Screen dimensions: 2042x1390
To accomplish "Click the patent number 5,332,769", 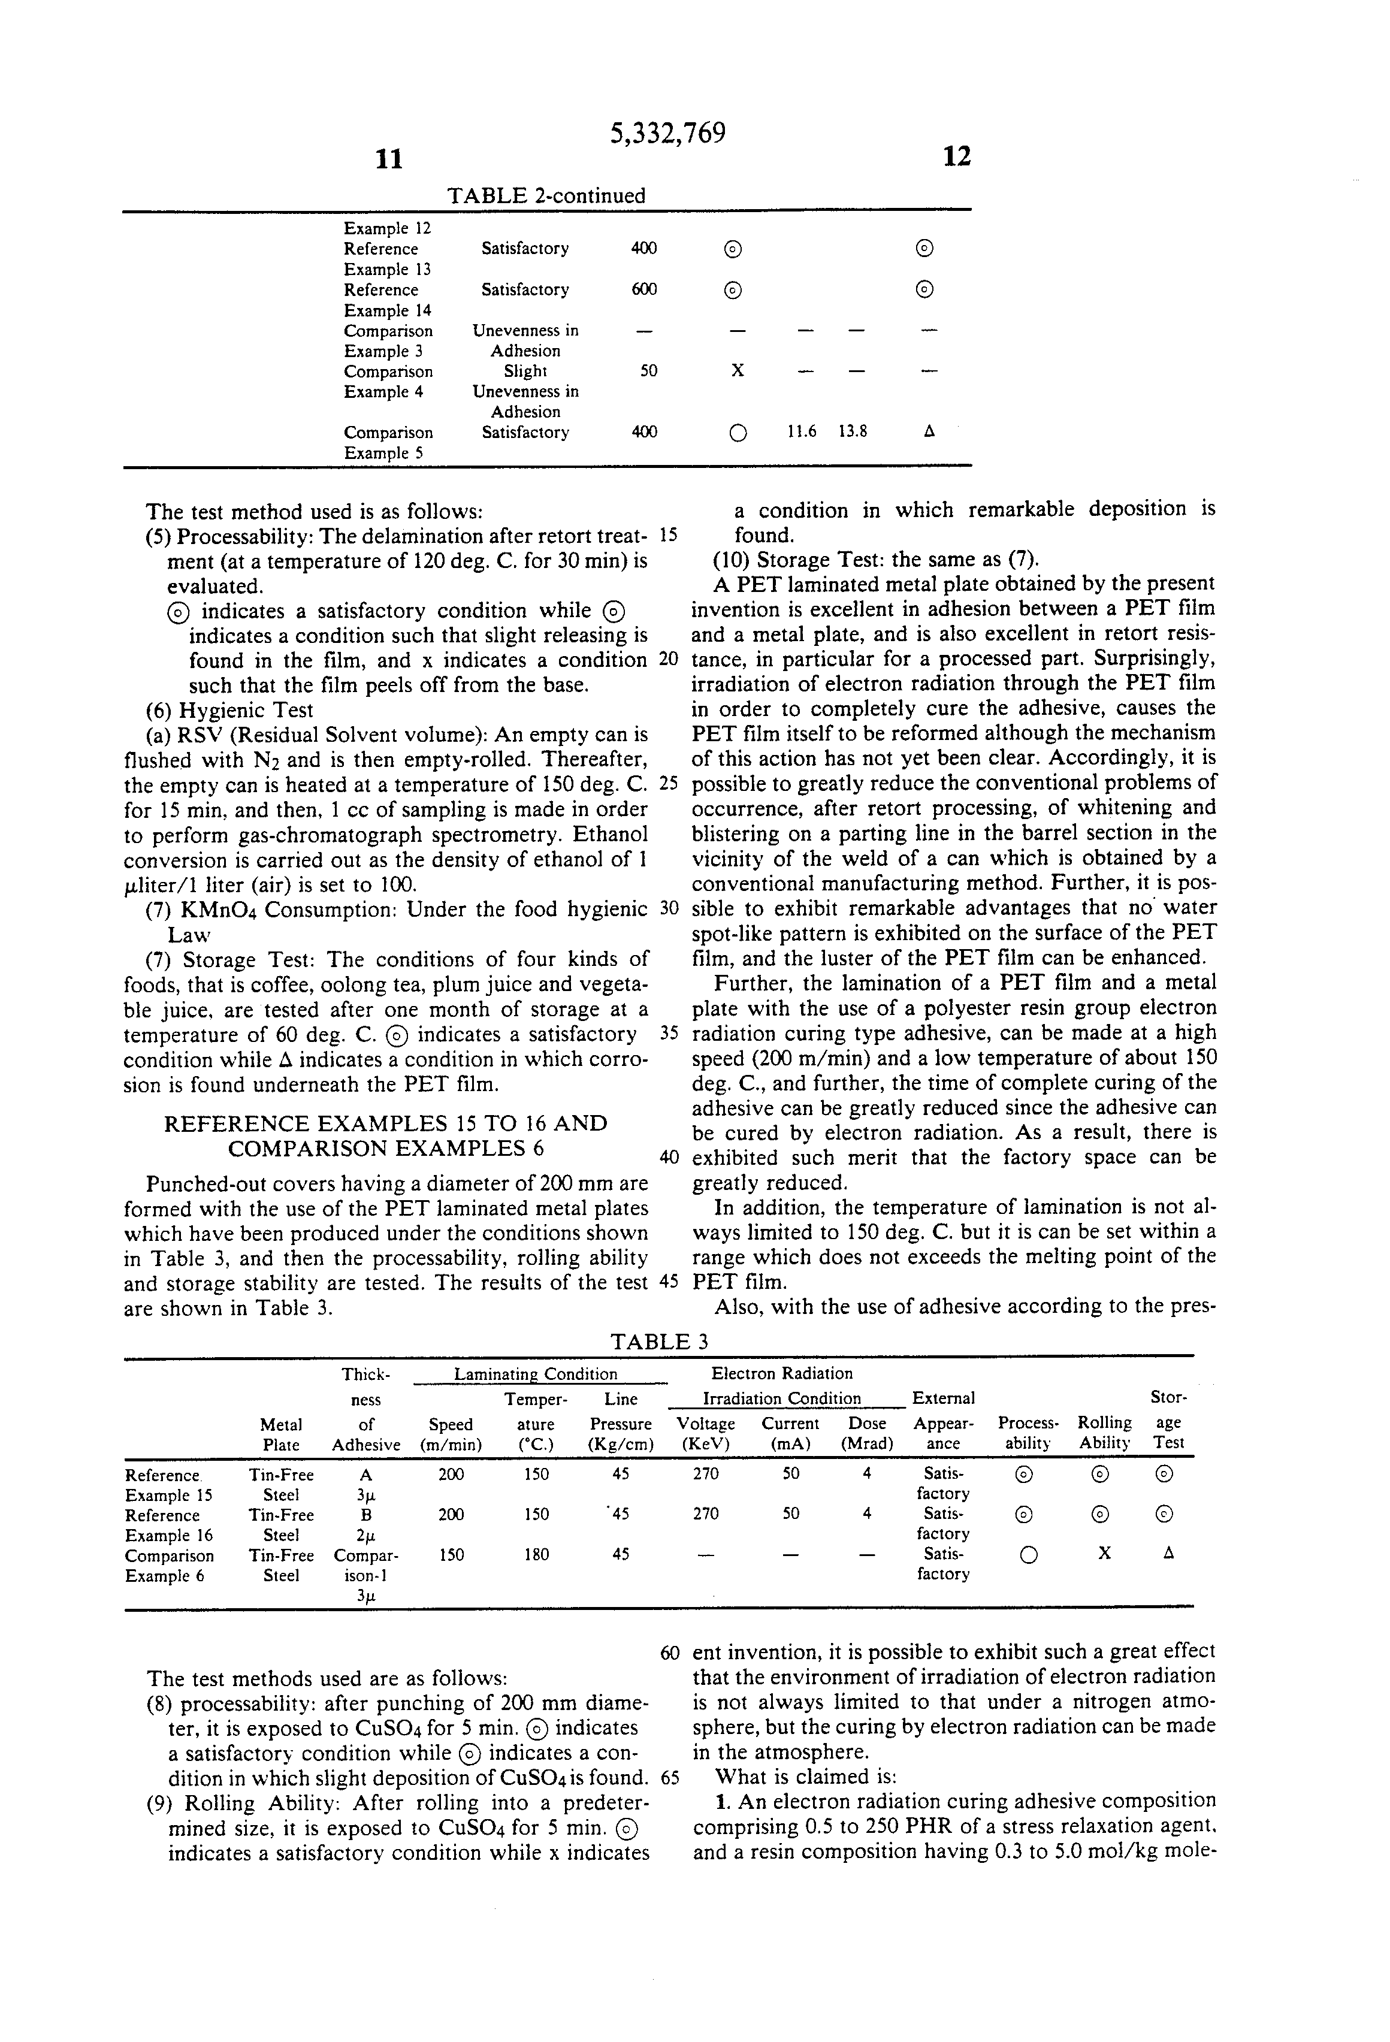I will pyautogui.click(x=668, y=134).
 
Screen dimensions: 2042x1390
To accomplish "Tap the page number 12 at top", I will pyautogui.click(x=957, y=156).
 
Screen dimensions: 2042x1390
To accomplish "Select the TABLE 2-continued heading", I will pyautogui.click(x=546, y=195).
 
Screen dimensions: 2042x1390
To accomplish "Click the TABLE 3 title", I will pyautogui.click(x=659, y=1342).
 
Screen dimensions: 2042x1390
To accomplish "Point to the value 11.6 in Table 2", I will pyautogui.click(x=800, y=431).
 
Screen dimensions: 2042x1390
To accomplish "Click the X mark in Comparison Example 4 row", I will pyautogui.click(x=737, y=371).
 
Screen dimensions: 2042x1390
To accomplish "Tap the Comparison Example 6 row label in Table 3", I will pyautogui.click(x=169, y=1566).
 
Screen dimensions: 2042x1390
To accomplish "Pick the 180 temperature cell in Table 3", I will pyautogui.click(x=536, y=1554).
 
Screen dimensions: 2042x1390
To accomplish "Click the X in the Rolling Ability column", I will pyautogui.click(x=1104, y=1554).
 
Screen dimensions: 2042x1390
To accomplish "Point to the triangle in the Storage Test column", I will pyautogui.click(x=1168, y=1554).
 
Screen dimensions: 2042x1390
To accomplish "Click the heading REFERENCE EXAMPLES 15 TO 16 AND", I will pyautogui.click(x=386, y=1124).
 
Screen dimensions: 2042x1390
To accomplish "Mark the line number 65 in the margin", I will pyautogui.click(x=669, y=1778).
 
